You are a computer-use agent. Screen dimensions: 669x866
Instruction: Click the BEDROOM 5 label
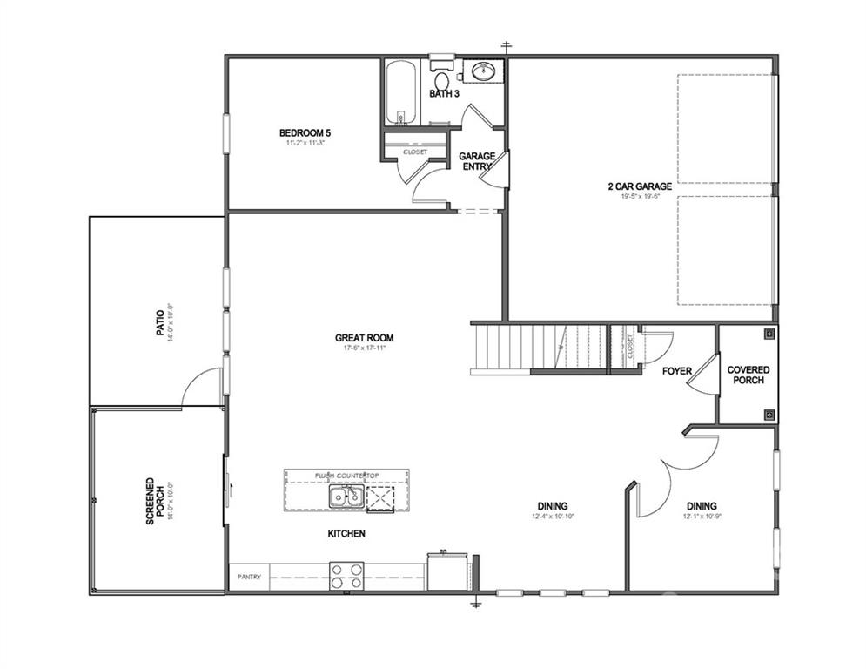click(x=305, y=132)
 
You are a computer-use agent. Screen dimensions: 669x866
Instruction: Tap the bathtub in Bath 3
click(x=401, y=94)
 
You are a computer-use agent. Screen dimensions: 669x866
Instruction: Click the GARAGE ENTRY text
click(x=477, y=161)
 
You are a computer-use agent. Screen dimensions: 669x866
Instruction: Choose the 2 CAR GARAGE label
click(x=640, y=186)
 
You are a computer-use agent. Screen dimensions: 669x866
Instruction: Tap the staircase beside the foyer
click(x=540, y=347)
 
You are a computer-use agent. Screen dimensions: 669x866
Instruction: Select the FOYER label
click(x=677, y=371)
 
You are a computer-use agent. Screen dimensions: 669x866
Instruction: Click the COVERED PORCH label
click(x=748, y=375)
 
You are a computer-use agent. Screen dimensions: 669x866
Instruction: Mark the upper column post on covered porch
click(x=769, y=333)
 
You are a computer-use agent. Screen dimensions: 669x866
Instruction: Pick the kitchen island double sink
click(x=346, y=497)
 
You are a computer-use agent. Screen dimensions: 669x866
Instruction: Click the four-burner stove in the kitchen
click(x=346, y=575)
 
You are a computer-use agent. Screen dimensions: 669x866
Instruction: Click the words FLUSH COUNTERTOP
click(x=346, y=476)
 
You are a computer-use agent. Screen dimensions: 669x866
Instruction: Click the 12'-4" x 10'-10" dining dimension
click(x=553, y=517)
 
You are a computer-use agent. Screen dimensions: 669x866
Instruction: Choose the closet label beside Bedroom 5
click(x=415, y=152)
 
